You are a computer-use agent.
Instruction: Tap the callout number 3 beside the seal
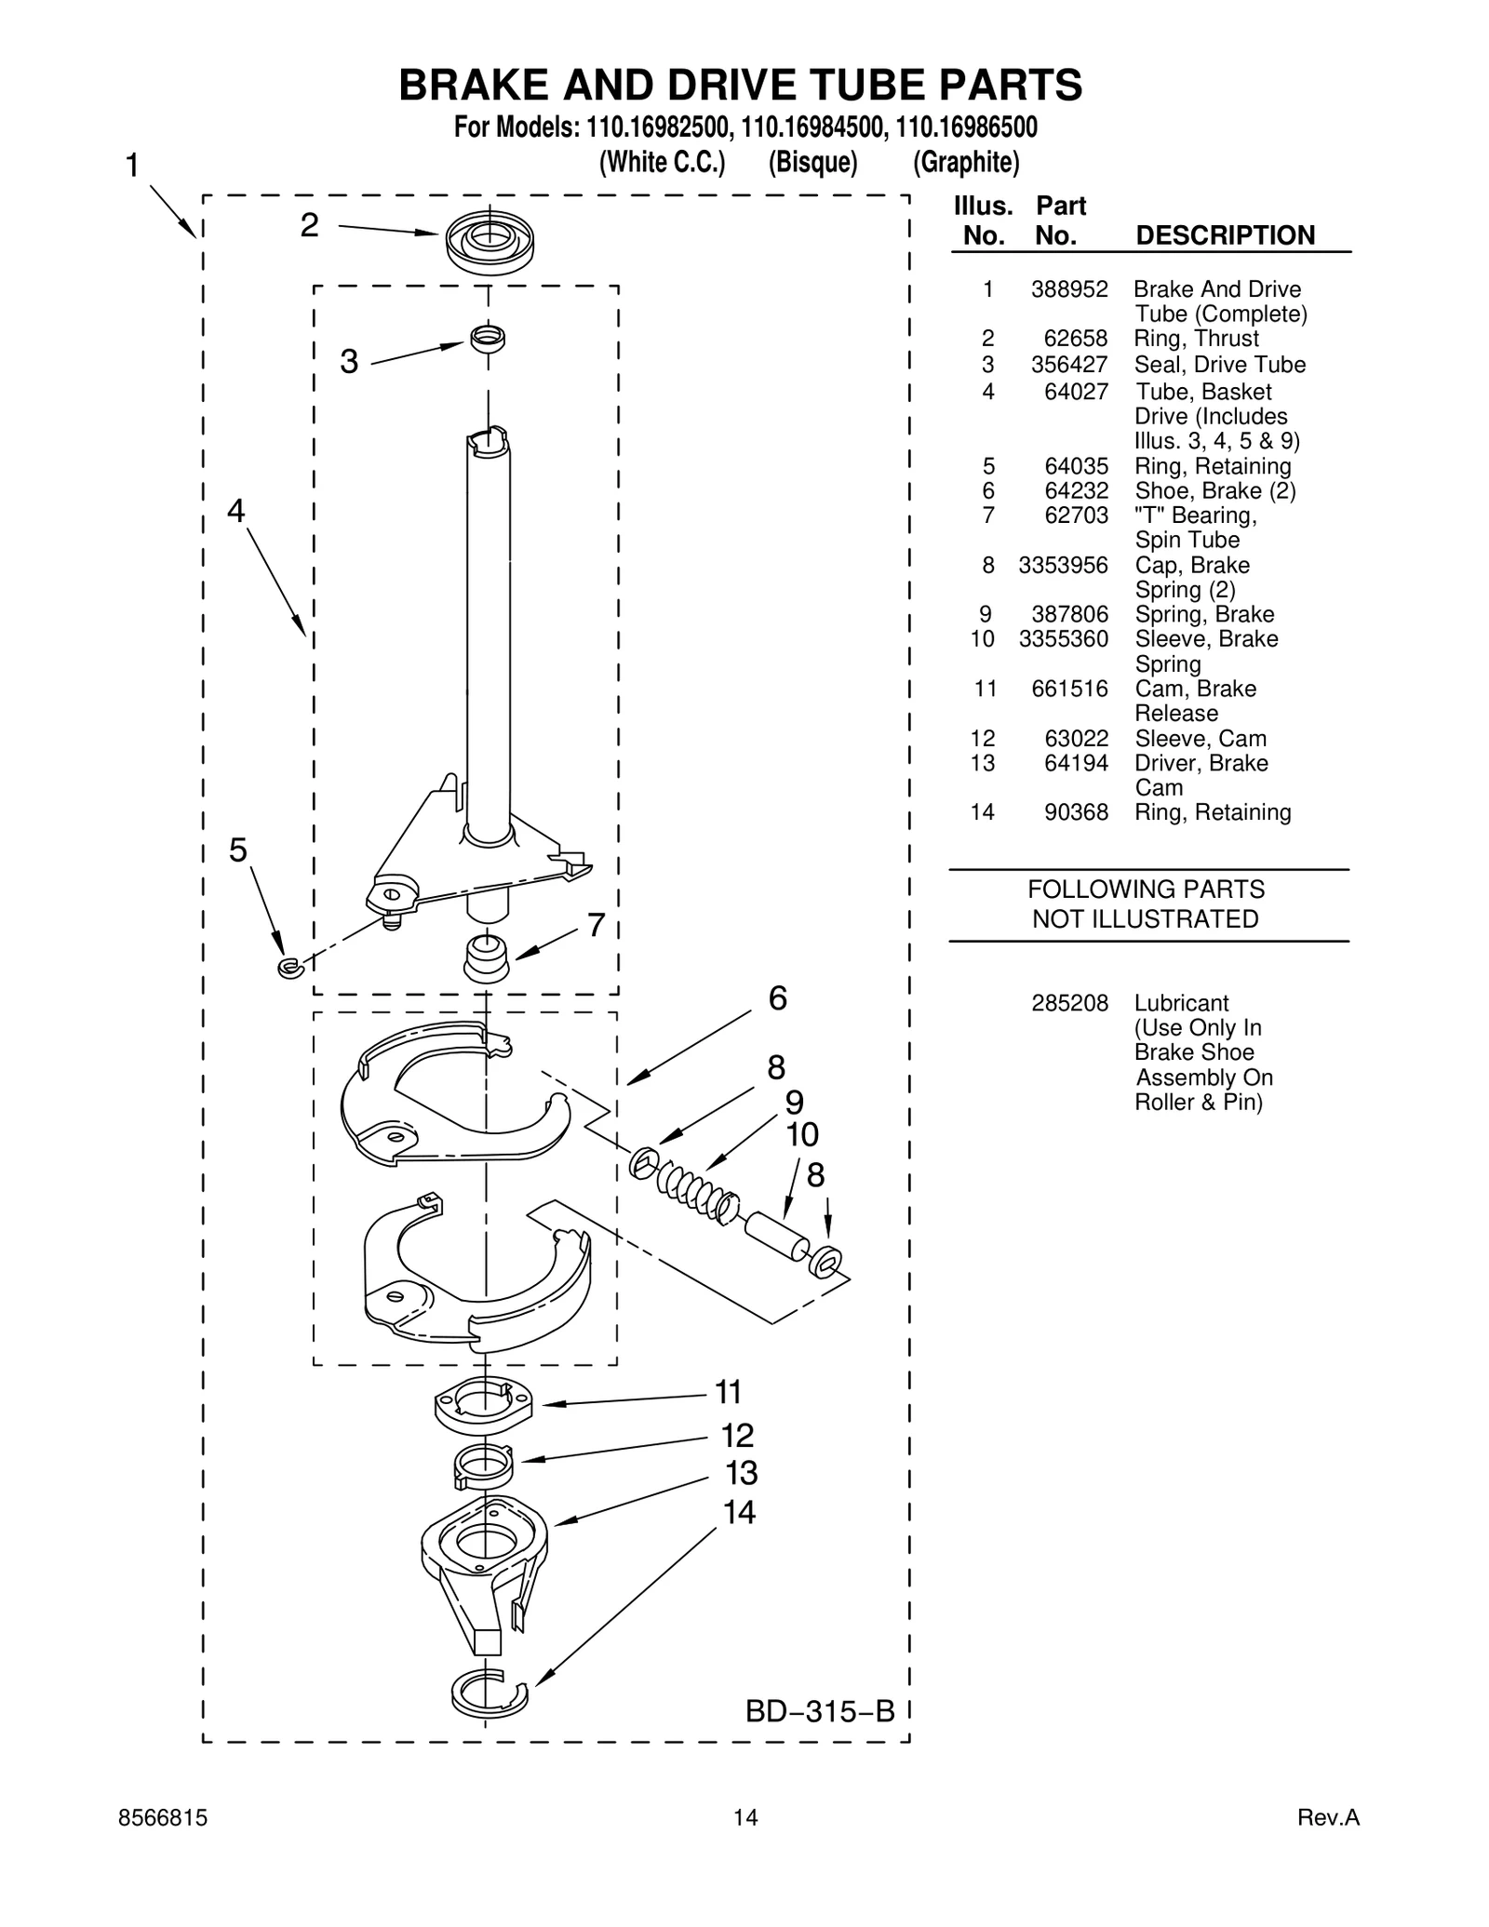pyautogui.click(x=349, y=361)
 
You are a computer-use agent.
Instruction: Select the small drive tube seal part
pyautogui.click(x=488, y=338)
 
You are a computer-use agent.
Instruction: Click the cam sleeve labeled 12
pyautogui.click(x=484, y=1466)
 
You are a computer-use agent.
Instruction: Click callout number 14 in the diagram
pyautogui.click(x=740, y=1513)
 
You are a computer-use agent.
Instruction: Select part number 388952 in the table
pyautogui.click(x=1069, y=289)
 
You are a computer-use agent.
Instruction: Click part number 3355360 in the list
pyautogui.click(x=1064, y=639)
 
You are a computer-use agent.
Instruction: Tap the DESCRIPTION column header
pyautogui.click(x=1225, y=235)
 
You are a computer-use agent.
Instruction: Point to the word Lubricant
pyautogui.click(x=1181, y=1003)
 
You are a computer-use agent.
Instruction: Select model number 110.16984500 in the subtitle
pyautogui.click(x=809, y=127)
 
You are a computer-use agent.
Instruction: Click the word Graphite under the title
pyautogui.click(x=966, y=163)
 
